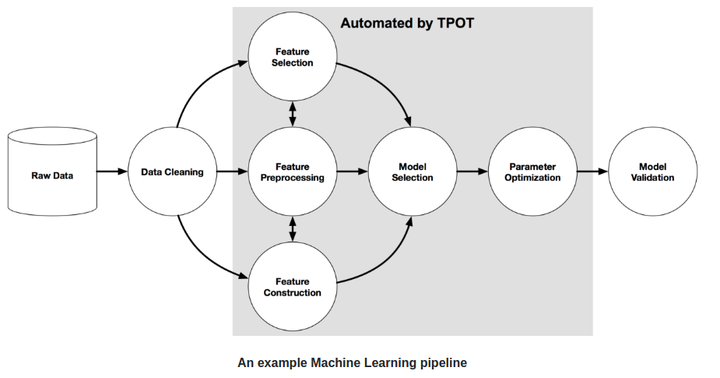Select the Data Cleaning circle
click(x=172, y=171)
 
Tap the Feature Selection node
click(x=292, y=57)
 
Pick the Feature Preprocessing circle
click(x=292, y=171)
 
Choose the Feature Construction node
click(x=292, y=287)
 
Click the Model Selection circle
click(x=412, y=171)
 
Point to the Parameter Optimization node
click(x=532, y=171)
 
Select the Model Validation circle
click(x=652, y=171)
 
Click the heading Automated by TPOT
click(x=407, y=23)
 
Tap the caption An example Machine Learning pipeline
click(x=352, y=362)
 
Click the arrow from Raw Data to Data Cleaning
click(x=112, y=171)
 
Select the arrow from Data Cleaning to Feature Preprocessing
click(x=232, y=171)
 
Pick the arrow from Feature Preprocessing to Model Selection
click(x=352, y=171)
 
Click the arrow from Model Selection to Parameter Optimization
click(x=472, y=171)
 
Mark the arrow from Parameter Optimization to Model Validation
click(x=592, y=171)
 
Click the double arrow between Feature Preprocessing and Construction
click(x=293, y=229)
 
